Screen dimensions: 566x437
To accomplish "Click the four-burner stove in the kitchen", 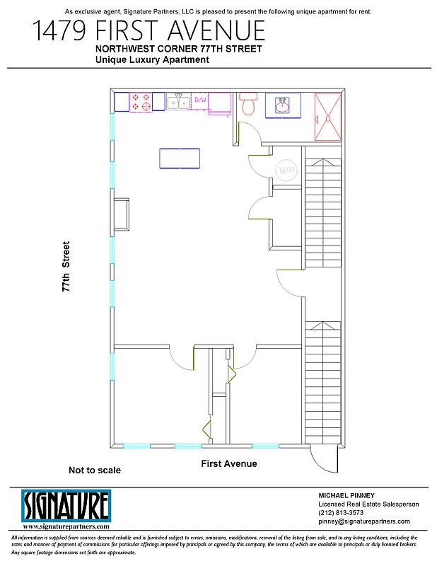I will point(141,102).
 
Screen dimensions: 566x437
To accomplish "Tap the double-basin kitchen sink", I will point(177,102).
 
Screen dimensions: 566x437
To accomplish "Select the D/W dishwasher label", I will point(200,100).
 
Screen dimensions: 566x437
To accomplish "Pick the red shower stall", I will point(327,117).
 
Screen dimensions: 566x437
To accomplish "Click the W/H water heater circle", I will point(286,171).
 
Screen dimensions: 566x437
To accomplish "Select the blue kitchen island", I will point(180,158).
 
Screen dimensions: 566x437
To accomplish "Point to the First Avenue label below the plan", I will point(228,464).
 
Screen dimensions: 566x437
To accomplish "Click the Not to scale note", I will point(94,470).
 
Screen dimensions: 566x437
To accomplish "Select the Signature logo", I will point(66,506).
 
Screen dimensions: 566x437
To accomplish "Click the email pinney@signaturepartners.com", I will point(363,521).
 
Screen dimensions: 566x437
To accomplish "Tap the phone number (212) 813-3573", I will point(342,513).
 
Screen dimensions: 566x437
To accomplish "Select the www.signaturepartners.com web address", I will point(66,527).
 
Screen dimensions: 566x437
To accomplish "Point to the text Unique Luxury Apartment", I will point(152,61).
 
